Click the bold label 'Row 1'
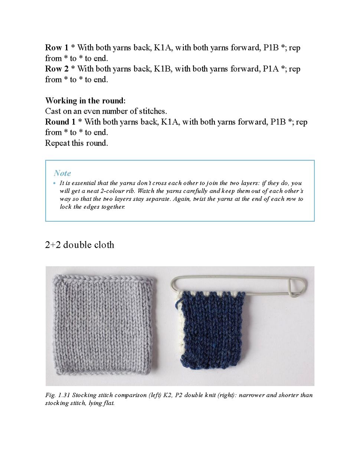click(57, 48)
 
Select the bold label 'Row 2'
click(57, 69)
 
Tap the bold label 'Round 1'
click(60, 122)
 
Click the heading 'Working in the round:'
click(85, 101)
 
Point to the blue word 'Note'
click(62, 173)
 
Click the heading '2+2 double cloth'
click(79, 245)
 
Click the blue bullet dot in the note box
click(55, 183)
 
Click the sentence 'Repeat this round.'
click(76, 143)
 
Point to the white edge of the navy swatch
click(180, 327)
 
